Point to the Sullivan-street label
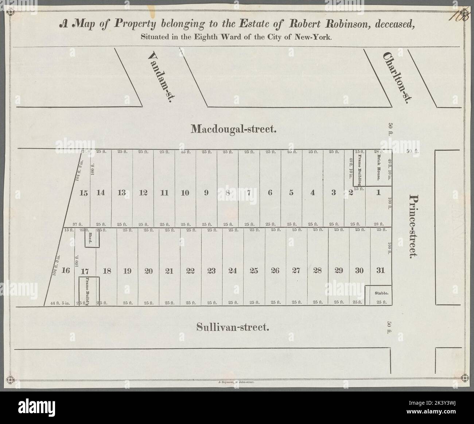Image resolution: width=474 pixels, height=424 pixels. click(233, 327)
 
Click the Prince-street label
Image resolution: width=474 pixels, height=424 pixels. click(413, 226)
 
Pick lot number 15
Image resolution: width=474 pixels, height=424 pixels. click(84, 193)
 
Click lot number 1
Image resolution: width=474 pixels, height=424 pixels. click(378, 193)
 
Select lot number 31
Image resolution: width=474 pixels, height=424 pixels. click(381, 271)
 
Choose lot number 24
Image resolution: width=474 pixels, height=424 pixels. click(233, 271)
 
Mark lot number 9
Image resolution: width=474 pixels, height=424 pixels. click(206, 193)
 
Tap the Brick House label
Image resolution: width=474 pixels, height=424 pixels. click(379, 167)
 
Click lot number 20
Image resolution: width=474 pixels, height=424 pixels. click(148, 271)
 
